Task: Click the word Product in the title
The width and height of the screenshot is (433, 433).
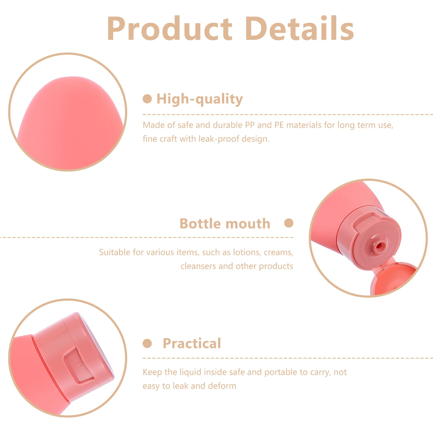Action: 169,29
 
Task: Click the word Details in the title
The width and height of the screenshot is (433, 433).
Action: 300,29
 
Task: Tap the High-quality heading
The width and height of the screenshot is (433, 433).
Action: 200,99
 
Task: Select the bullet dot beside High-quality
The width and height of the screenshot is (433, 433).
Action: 147,99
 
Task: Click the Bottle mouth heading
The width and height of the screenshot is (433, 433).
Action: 225,224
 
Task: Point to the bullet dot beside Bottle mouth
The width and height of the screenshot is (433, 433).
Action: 289,223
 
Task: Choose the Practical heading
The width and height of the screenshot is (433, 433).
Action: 192,343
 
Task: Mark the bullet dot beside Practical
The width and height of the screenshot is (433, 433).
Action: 147,343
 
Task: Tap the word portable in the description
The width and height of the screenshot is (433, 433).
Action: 281,372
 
